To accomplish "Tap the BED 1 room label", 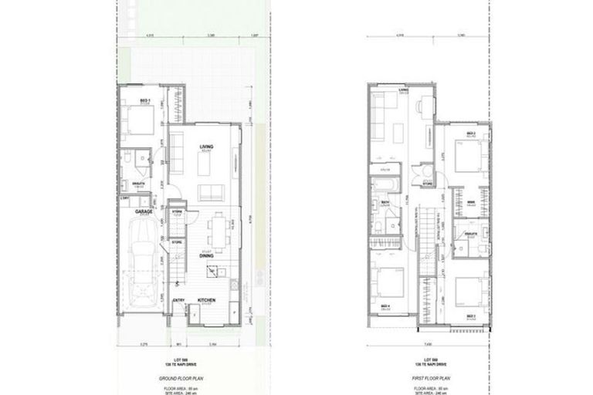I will point(144,100).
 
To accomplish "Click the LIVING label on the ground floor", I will point(205,146).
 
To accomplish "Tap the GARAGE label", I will point(142,210).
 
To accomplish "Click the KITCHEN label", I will point(205,299).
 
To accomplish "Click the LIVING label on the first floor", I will point(403,90).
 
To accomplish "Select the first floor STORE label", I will point(425,183).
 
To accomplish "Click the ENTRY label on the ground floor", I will point(178,300).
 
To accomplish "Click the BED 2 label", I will point(469,133).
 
